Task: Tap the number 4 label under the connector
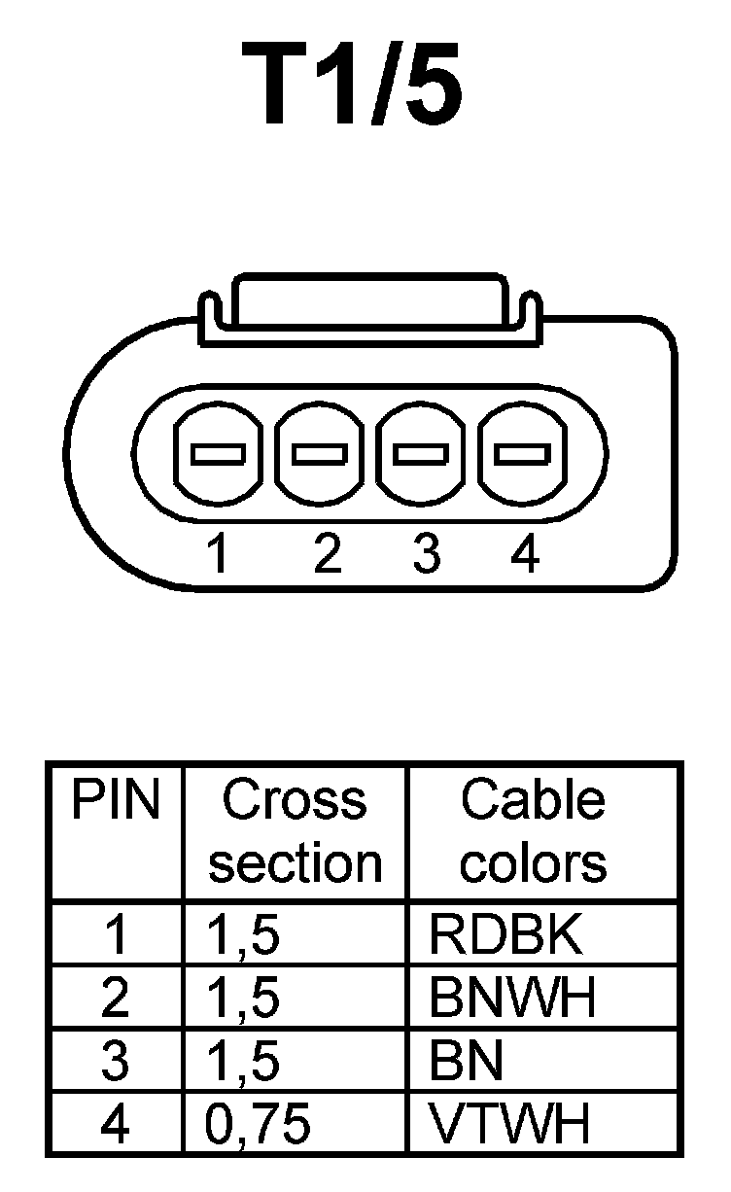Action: pos(524,555)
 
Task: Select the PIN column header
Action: pos(116,801)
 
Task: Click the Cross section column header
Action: pos(296,832)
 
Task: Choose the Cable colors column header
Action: pos(533,832)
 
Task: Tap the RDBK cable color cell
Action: pos(506,934)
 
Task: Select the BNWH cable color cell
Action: pos(512,998)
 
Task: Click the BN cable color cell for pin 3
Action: pos(467,1061)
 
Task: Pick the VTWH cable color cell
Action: pos(510,1125)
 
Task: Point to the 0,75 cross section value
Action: pos(258,1125)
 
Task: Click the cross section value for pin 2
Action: pos(243,998)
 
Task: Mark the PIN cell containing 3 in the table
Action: pos(116,1061)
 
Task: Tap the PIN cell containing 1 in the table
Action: pos(116,934)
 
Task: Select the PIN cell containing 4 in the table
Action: pos(116,1125)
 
